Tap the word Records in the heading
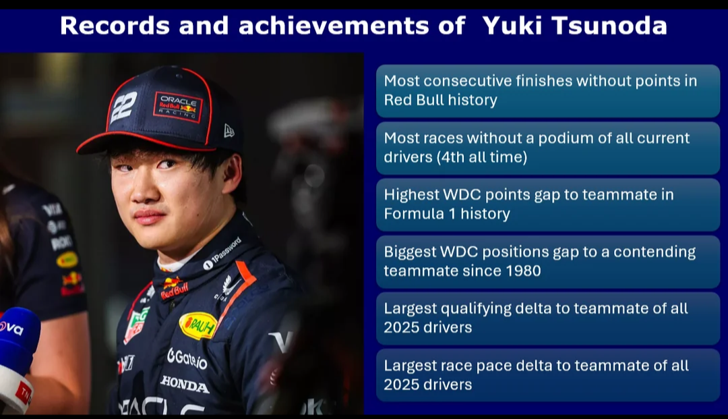[115, 26]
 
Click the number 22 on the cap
[125, 107]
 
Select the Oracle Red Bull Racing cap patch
[178, 107]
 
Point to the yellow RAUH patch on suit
[198, 325]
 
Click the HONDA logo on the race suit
[185, 384]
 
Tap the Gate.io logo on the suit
[187, 358]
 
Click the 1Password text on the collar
[222, 254]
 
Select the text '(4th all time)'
[482, 157]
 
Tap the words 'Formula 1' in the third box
[420, 214]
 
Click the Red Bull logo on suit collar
[174, 288]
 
